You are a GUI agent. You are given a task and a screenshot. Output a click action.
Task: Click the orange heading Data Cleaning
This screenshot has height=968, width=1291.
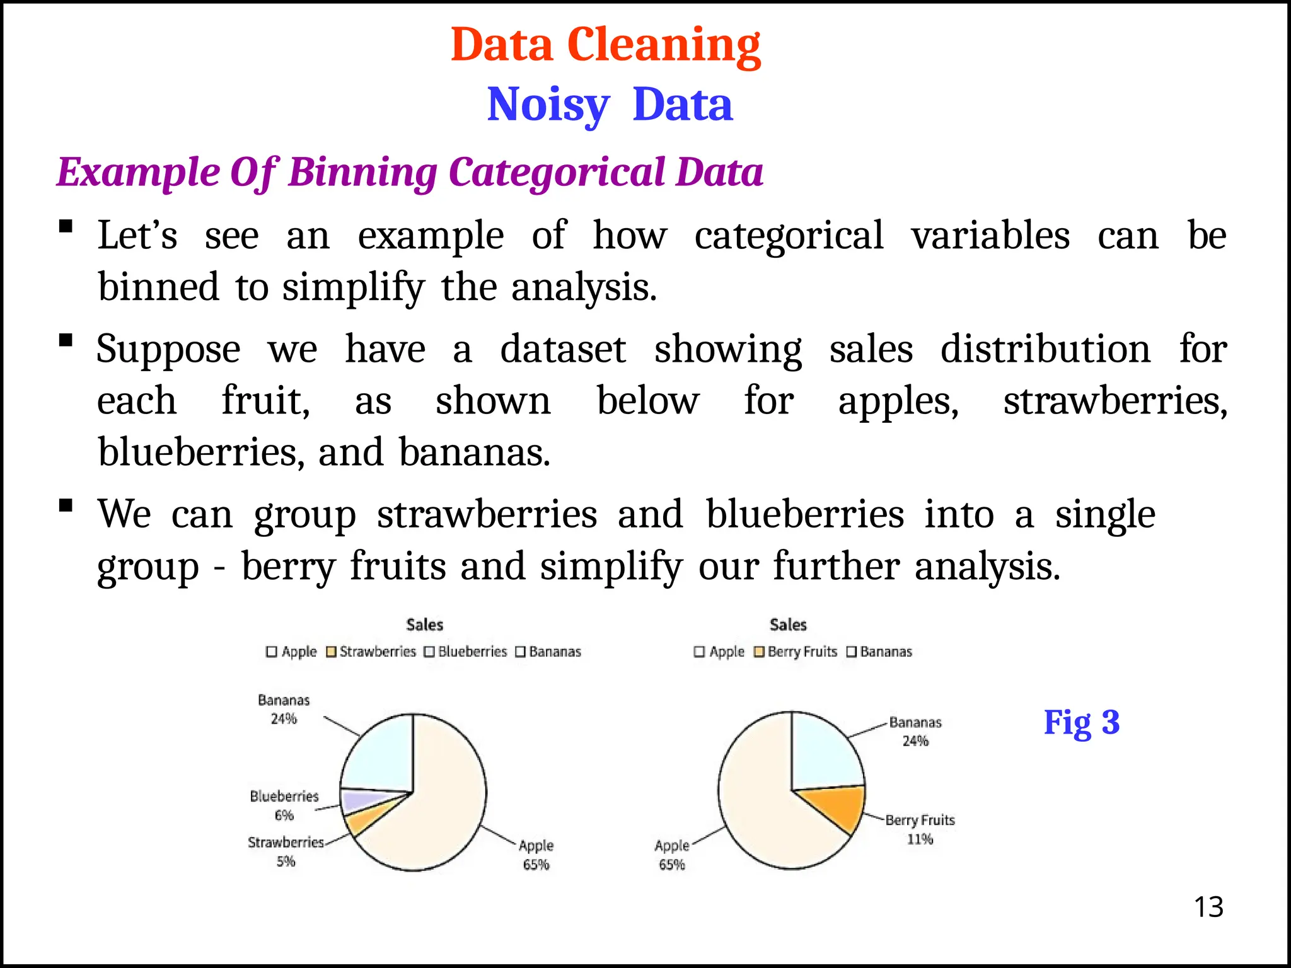(605, 45)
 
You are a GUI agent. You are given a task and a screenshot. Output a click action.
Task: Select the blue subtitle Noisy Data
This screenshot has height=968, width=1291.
(610, 105)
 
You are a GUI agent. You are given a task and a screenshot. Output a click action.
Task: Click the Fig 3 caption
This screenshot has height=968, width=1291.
(1081, 722)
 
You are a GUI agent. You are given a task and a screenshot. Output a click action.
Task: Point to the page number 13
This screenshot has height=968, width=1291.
(1208, 907)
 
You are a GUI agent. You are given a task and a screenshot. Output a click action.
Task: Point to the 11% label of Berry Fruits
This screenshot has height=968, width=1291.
(920, 839)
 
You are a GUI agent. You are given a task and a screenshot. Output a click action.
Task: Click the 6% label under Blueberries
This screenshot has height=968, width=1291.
(284, 815)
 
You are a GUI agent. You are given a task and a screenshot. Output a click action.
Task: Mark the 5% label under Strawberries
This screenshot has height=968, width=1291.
(286, 861)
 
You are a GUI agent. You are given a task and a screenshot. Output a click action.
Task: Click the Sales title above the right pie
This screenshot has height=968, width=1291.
(788, 625)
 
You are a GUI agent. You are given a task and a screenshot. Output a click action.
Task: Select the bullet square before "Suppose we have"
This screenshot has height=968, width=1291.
(65, 341)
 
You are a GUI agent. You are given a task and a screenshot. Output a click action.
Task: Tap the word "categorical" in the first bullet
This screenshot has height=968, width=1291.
(789, 236)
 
